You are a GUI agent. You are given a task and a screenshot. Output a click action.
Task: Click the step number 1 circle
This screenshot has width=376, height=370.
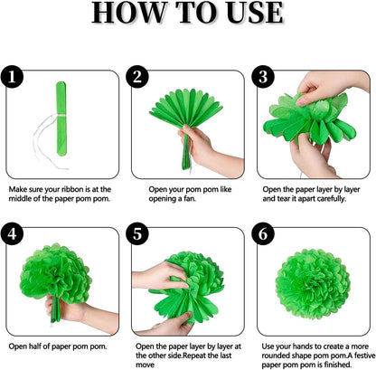pos(12,77)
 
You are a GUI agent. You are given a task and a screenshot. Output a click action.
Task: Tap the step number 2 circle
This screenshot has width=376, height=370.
pos(137,77)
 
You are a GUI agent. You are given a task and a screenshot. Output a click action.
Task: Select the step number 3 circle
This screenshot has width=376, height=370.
pos(263,77)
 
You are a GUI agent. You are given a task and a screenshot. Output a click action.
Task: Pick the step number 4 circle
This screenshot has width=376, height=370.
pos(12,233)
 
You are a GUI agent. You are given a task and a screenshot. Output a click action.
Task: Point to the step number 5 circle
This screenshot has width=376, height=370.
pos(137,233)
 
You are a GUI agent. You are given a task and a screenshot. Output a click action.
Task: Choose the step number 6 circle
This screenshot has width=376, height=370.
pos(263,233)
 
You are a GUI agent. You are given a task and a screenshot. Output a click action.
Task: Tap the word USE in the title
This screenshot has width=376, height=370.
pos(255,13)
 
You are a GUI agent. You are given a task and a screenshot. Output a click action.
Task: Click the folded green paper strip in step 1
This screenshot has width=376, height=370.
pos(61,119)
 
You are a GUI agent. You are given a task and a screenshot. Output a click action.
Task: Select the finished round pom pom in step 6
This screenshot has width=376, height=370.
pos(313,284)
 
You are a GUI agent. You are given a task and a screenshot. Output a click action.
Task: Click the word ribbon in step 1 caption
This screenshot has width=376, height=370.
pos(72,189)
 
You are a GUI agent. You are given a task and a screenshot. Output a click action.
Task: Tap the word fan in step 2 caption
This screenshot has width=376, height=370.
pos(190,199)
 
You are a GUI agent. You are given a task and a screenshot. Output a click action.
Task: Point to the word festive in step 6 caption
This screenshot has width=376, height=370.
pos(364,356)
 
